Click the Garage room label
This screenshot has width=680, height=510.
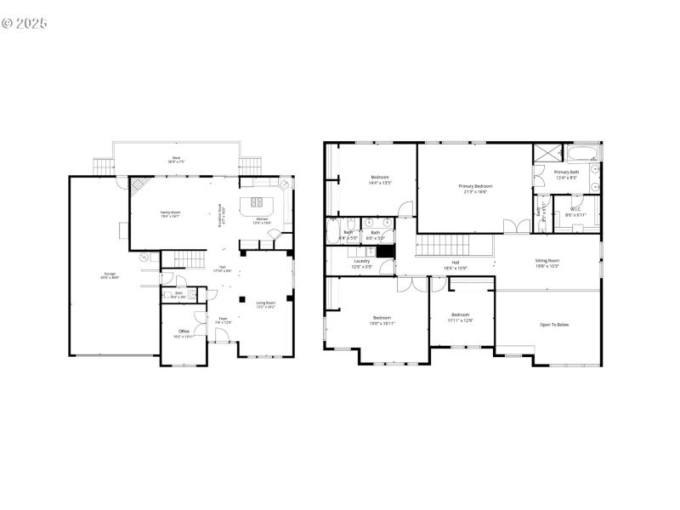pyautogui.click(x=110, y=275)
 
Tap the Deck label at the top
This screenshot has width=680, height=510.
pyautogui.click(x=176, y=159)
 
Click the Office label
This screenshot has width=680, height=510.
pyautogui.click(x=184, y=332)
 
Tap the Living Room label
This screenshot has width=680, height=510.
pyautogui.click(x=266, y=304)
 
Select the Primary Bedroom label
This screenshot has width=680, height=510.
pyautogui.click(x=475, y=188)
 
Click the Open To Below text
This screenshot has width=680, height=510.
pyautogui.click(x=554, y=325)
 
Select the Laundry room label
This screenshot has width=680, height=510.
pyautogui.click(x=362, y=263)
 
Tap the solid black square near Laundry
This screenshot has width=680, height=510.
pyautogui.click(x=386, y=251)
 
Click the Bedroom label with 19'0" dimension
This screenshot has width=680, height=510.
pyautogui.click(x=382, y=319)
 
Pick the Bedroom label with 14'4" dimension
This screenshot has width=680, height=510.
pyautogui.click(x=380, y=179)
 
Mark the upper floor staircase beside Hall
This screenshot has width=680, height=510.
pyautogui.click(x=442, y=247)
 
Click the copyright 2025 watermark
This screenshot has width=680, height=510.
pyautogui.click(x=25, y=23)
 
